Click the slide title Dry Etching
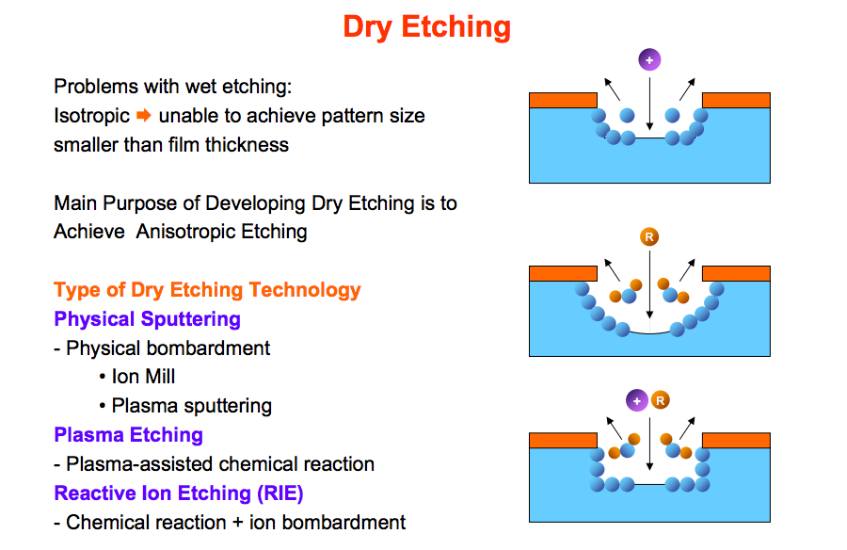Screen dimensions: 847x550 coord(426,27)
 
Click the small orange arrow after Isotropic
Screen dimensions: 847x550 coord(144,115)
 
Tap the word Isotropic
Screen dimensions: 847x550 coord(92,116)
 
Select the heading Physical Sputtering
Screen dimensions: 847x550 coord(147,319)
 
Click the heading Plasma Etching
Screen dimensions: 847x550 coord(129,435)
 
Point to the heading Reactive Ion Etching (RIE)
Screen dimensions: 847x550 coord(179,493)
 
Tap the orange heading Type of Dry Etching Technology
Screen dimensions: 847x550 coord(207,290)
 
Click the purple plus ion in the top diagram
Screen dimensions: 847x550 coord(649,60)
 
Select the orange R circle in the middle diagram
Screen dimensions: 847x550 coord(649,237)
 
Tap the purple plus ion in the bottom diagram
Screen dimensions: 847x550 coord(637,401)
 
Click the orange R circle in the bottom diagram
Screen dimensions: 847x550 coord(660,401)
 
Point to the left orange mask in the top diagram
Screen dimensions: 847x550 coord(563,101)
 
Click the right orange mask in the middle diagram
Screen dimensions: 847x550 coord(736,274)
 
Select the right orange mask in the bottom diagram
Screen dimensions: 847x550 coord(736,440)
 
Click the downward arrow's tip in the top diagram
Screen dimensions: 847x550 coord(649,129)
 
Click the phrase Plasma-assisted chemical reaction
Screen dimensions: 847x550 coord(220,464)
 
